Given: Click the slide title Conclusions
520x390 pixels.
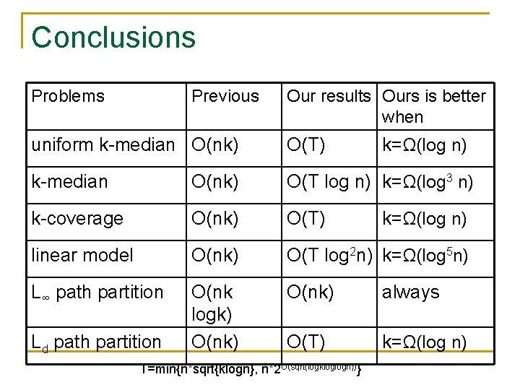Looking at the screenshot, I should point(113,38).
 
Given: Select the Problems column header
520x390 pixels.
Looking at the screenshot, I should point(68,96).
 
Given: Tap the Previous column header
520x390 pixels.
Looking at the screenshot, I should point(225,96).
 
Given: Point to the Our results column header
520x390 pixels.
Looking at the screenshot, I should point(329,96).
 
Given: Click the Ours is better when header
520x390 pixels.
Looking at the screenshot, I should point(434,106).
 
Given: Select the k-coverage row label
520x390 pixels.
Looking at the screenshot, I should point(77,218).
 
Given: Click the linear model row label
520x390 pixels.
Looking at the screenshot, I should point(82,255).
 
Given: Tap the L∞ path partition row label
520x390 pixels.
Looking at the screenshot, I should point(97,292).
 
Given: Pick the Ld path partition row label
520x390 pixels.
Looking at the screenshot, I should point(96,342).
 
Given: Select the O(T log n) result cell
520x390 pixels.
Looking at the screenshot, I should point(329,181).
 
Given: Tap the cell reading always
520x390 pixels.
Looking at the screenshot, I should point(410,292).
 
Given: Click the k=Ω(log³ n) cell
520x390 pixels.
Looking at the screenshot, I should point(428,181).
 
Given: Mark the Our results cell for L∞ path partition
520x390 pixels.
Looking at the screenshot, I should point(311,292).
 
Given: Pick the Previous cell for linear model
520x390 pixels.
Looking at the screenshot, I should point(214,255).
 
